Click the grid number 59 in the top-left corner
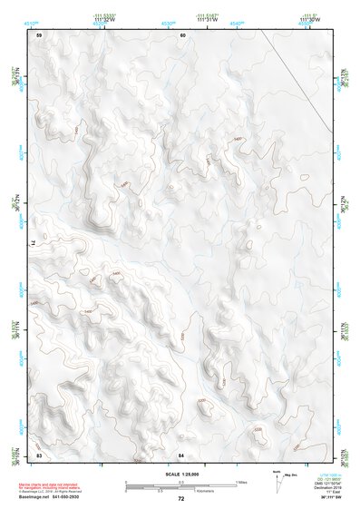39,35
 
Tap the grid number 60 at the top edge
182,35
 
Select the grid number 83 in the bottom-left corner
39,454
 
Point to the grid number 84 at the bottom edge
181,454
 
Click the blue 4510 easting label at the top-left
32,20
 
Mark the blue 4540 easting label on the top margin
236,20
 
